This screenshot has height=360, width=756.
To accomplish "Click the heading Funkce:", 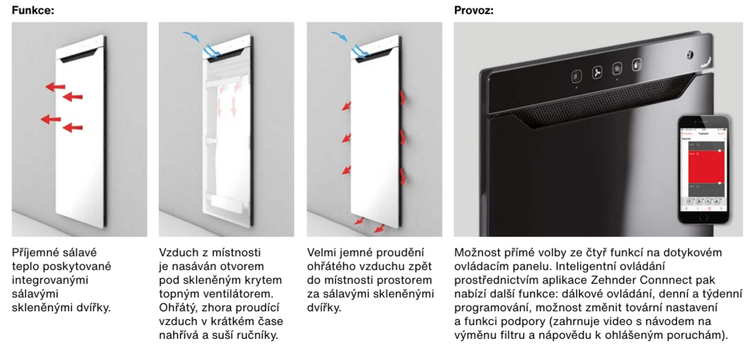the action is point(33,10).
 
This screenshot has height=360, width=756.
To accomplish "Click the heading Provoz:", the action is point(474,10).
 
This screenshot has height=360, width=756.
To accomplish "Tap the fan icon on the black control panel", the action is point(597,73).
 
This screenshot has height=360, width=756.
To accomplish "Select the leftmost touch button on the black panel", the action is point(577,75).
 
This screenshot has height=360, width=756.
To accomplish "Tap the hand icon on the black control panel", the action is point(637,65).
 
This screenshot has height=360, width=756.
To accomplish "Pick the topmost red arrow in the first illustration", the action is point(55,87).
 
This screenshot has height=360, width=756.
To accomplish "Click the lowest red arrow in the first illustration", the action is point(72,127).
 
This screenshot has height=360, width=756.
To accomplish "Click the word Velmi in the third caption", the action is point(320,253).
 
